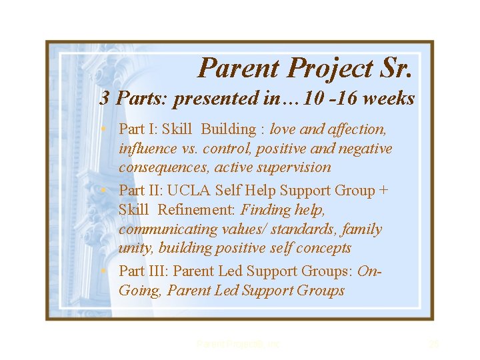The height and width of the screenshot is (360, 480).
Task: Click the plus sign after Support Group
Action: coord(383,191)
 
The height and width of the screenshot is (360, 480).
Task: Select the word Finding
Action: coord(266,210)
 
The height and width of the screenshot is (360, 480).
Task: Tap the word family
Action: coord(363,229)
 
